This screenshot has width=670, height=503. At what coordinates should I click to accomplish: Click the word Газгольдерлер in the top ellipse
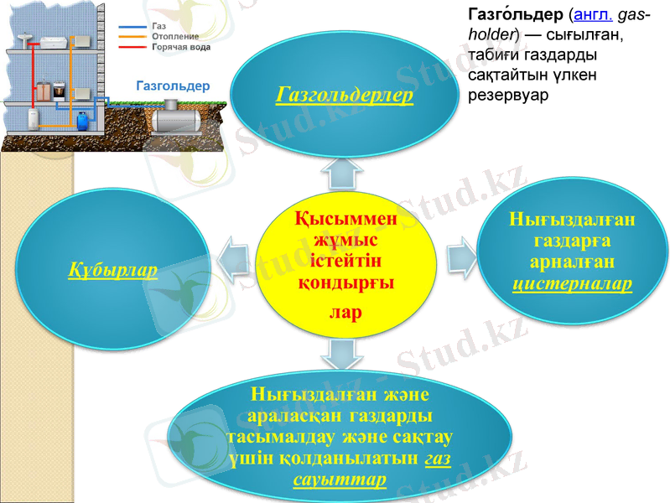344,95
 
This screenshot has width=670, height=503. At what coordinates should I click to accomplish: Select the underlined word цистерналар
572,284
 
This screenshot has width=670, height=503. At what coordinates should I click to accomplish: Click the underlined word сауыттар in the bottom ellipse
340,479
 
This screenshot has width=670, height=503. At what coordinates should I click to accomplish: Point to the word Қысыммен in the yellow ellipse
345,220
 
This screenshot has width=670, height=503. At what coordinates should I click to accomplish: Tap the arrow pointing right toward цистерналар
459,252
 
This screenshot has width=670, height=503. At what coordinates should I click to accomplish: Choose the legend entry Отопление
175,37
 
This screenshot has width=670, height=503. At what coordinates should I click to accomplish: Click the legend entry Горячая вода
180,48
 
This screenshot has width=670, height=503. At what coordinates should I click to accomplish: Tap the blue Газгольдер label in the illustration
173,86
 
